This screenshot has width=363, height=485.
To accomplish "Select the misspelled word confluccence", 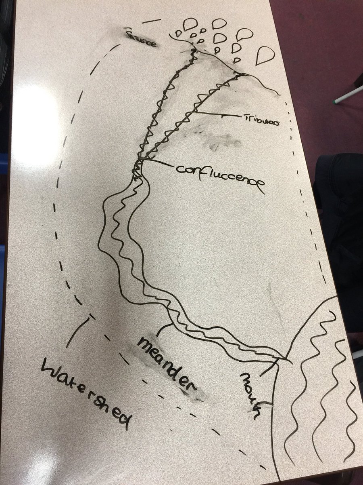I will point(220,175).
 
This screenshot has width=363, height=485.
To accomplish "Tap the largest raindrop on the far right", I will point(264,55).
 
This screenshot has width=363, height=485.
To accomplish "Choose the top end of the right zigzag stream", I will point(242,74).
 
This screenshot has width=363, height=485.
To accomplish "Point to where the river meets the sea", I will point(285,359).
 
